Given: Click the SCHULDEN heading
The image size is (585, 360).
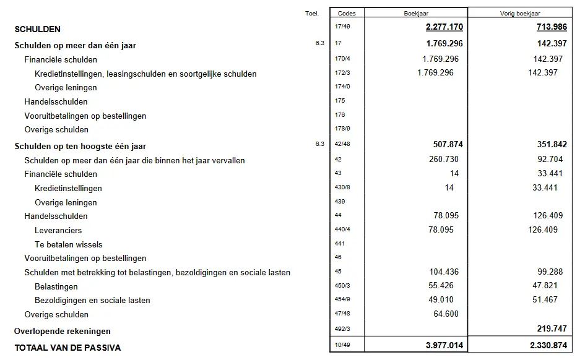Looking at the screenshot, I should pyautogui.click(x=37, y=29).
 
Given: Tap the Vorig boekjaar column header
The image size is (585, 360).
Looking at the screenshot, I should pyautogui.click(x=519, y=13).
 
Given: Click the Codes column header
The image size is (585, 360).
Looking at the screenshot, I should pyautogui.click(x=347, y=13).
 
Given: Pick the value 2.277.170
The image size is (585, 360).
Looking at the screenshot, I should pyautogui.click(x=444, y=28).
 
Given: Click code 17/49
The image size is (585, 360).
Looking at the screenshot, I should pyautogui.click(x=342, y=27).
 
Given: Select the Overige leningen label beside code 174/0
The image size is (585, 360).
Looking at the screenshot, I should pyautogui.click(x=66, y=87).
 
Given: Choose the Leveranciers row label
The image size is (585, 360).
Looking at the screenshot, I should pyautogui.click(x=58, y=230).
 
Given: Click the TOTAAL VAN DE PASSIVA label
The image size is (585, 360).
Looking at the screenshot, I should pyautogui.click(x=67, y=348).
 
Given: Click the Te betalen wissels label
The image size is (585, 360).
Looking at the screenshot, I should pyautogui.click(x=69, y=244).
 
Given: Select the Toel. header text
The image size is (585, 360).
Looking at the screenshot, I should pyautogui.click(x=311, y=13).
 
